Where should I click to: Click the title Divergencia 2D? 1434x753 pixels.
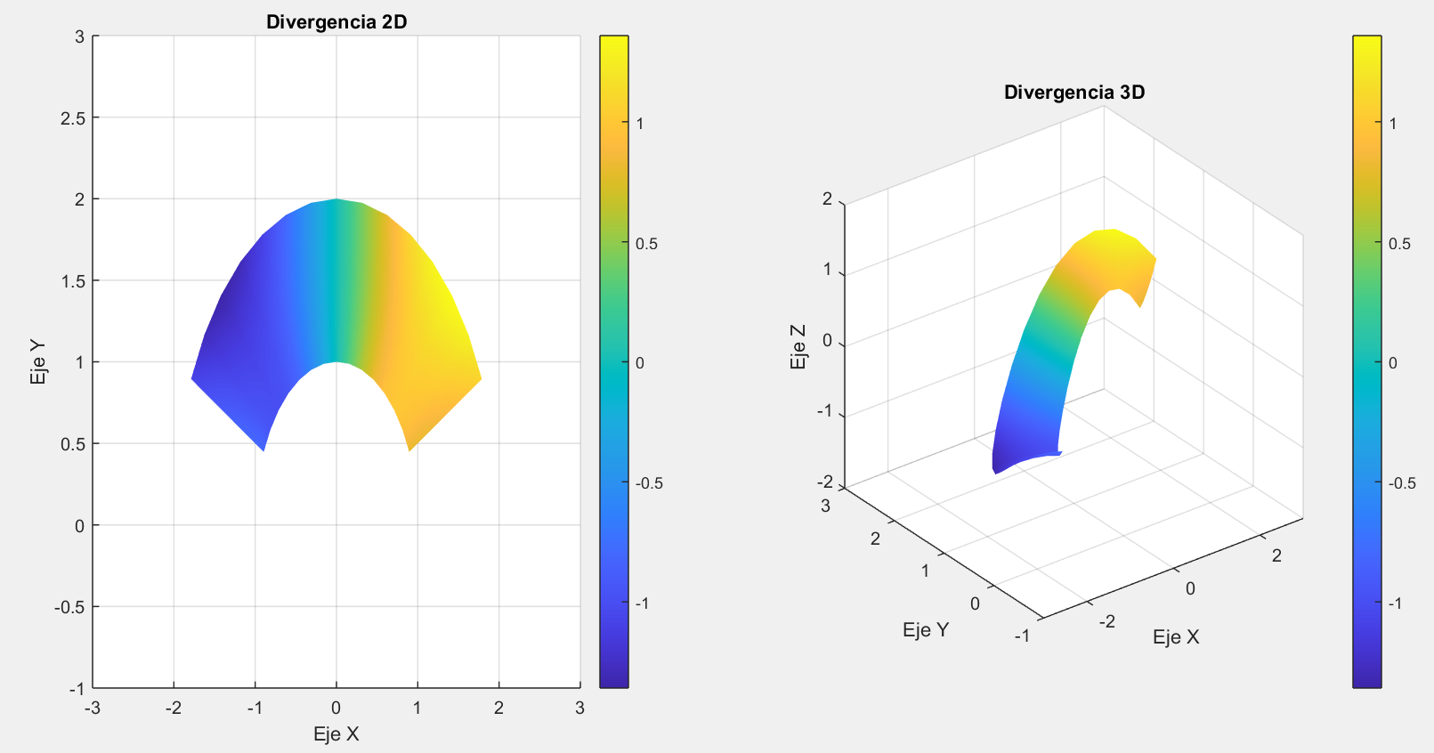click(336, 22)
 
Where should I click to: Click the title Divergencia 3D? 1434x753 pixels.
click(1073, 93)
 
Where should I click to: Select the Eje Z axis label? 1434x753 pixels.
click(798, 346)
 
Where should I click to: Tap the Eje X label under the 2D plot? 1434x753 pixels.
click(336, 734)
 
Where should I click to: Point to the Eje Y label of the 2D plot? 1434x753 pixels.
click(38, 362)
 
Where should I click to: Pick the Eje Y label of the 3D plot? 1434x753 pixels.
click(925, 630)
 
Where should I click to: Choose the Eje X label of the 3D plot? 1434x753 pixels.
click(1175, 637)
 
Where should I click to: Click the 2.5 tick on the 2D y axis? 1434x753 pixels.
click(74, 118)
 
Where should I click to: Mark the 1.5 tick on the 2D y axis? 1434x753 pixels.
click(74, 281)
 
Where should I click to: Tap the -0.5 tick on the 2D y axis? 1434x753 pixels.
click(70, 607)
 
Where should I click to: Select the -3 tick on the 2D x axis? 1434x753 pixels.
click(91, 708)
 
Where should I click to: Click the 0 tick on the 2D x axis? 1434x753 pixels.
click(336, 708)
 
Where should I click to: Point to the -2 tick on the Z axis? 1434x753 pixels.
click(825, 482)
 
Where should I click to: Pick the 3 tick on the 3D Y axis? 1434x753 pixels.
click(825, 506)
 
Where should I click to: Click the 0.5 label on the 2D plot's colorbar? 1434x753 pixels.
click(647, 244)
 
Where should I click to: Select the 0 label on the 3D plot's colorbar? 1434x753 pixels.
click(1393, 363)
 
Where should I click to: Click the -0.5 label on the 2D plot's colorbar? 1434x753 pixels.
click(649, 483)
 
